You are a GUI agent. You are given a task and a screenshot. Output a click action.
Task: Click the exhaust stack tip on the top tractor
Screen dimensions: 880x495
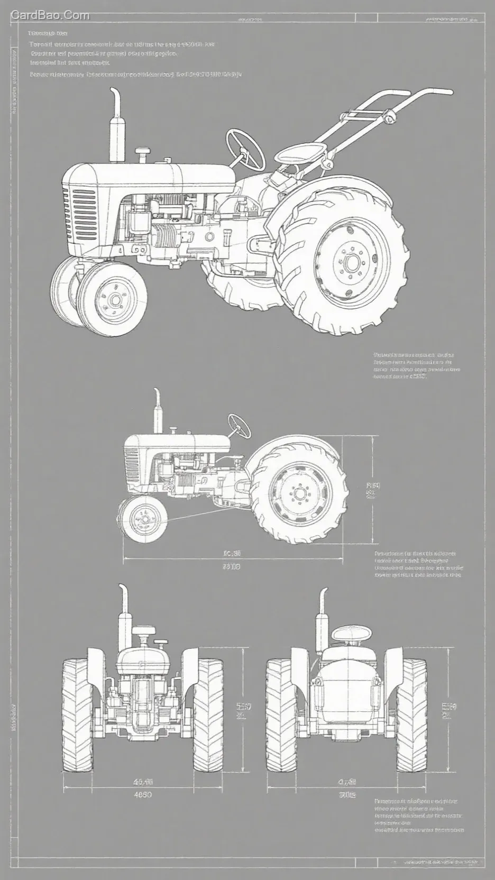coord(115,94)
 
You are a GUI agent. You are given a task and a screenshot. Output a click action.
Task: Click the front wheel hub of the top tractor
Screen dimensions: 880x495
coord(114,300)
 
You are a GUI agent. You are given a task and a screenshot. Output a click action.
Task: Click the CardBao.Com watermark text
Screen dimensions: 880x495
coord(50,15)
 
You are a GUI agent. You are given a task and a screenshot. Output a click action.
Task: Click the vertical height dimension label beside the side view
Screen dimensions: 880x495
coord(372,490)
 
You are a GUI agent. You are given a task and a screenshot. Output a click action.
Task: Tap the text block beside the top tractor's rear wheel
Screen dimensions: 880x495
coord(416,365)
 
